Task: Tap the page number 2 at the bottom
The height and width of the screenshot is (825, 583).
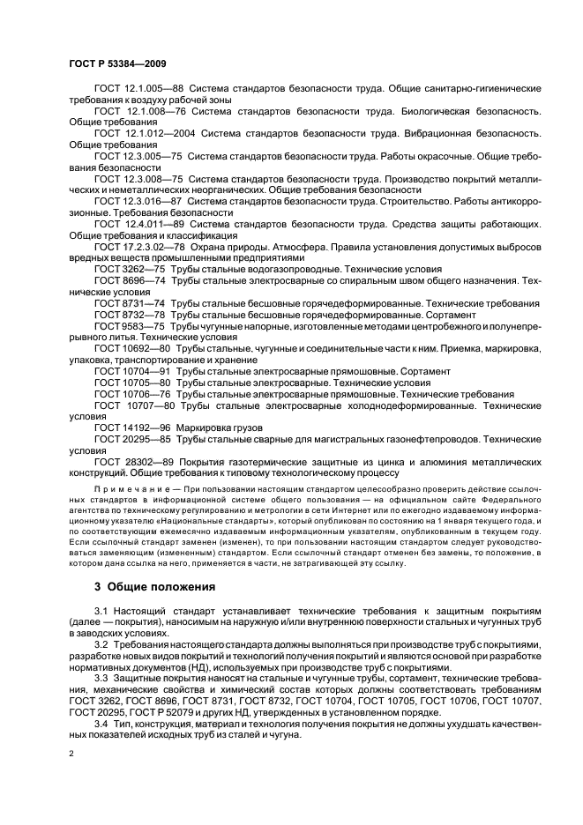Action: [71, 754]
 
